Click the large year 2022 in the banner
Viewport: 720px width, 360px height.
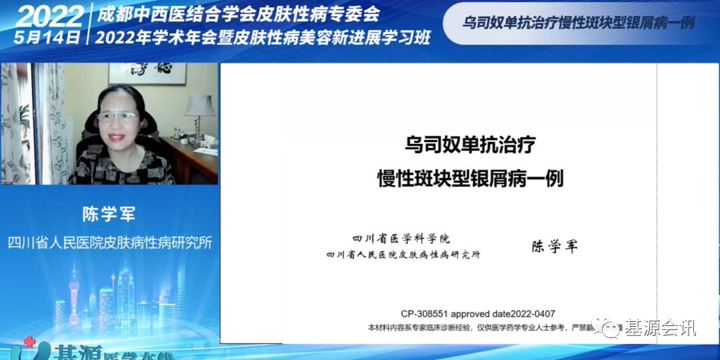click(48, 15)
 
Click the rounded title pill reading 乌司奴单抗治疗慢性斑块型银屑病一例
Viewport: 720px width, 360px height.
click(579, 22)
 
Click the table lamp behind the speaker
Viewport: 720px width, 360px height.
click(199, 107)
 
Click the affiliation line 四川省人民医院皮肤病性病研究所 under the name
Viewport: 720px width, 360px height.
click(109, 242)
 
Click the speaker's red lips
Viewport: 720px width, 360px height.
click(117, 137)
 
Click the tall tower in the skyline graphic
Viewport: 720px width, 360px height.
click(74, 293)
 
